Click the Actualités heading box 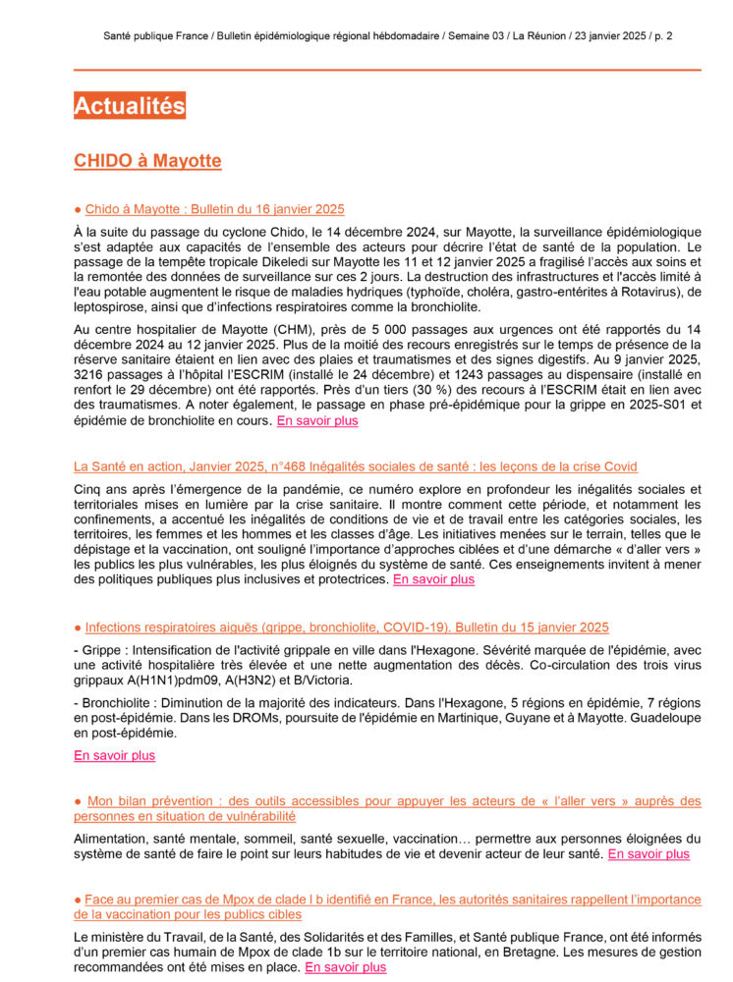[x=130, y=106]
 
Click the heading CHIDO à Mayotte [x=147, y=161]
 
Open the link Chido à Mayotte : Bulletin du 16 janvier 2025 [x=214, y=209]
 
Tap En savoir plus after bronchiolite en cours [x=317, y=421]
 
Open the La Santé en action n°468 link [x=355, y=466]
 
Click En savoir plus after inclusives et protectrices [x=433, y=579]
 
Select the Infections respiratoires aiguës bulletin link [x=347, y=627]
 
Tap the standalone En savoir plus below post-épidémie [x=114, y=755]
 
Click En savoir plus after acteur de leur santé [x=648, y=854]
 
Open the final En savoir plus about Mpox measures [x=345, y=967]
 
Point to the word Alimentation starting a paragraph [x=107, y=839]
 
